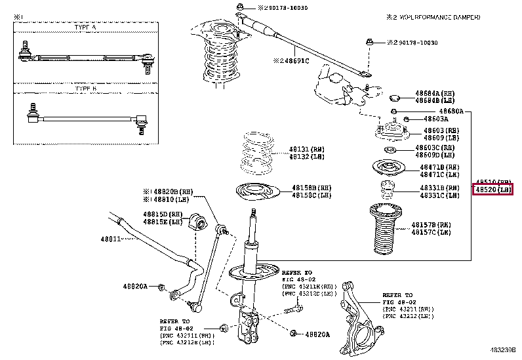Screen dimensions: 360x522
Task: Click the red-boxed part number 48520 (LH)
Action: point(492,190)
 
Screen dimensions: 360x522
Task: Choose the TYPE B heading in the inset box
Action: point(85,88)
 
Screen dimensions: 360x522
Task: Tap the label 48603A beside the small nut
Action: point(435,119)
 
